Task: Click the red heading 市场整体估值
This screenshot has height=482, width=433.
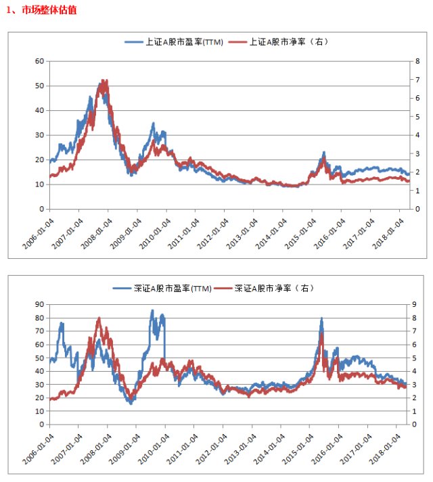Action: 49,10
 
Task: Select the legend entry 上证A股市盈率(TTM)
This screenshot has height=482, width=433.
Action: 174,42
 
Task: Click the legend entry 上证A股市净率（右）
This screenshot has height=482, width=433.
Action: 279,42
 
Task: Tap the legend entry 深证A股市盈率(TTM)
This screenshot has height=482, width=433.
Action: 162,289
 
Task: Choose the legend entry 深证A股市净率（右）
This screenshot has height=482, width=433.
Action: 264,289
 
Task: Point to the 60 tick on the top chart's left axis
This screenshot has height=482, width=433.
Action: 39,61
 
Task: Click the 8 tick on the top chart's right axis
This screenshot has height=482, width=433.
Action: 417,61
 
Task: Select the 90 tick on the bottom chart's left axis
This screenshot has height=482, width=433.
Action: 39,304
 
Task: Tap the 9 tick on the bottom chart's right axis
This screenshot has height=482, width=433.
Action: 414,304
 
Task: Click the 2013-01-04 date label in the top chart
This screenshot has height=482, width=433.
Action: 242,234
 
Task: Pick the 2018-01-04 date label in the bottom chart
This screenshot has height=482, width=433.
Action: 385,449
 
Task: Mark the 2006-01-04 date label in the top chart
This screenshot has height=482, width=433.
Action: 38,234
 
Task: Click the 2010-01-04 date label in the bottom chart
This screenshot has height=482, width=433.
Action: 154,449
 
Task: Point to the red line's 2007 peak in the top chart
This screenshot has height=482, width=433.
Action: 106,80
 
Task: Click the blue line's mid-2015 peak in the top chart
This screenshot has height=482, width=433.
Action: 324,152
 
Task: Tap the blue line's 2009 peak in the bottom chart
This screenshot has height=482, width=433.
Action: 152,310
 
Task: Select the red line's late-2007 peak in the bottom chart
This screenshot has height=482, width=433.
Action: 99,318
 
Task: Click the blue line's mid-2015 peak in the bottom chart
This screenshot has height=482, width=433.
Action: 321,318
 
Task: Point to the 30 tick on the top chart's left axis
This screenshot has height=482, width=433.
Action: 39,135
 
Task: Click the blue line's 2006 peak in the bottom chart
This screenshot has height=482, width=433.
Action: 62,322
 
